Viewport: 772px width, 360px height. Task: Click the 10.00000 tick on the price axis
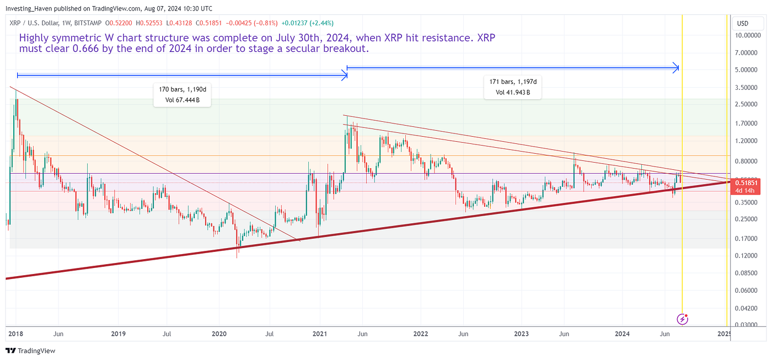coord(750,35)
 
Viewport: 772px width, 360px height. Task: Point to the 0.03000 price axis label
coord(750,325)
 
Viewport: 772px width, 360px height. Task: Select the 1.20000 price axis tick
coord(750,141)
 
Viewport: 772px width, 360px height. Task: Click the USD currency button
coord(742,24)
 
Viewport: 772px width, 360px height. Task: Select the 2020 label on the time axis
coord(219,334)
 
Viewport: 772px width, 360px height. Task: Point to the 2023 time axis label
coord(521,334)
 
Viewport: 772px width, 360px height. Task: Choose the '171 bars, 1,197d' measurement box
coord(512,87)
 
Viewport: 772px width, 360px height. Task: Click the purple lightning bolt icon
coord(682,319)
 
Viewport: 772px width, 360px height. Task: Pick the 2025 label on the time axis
coord(724,334)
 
